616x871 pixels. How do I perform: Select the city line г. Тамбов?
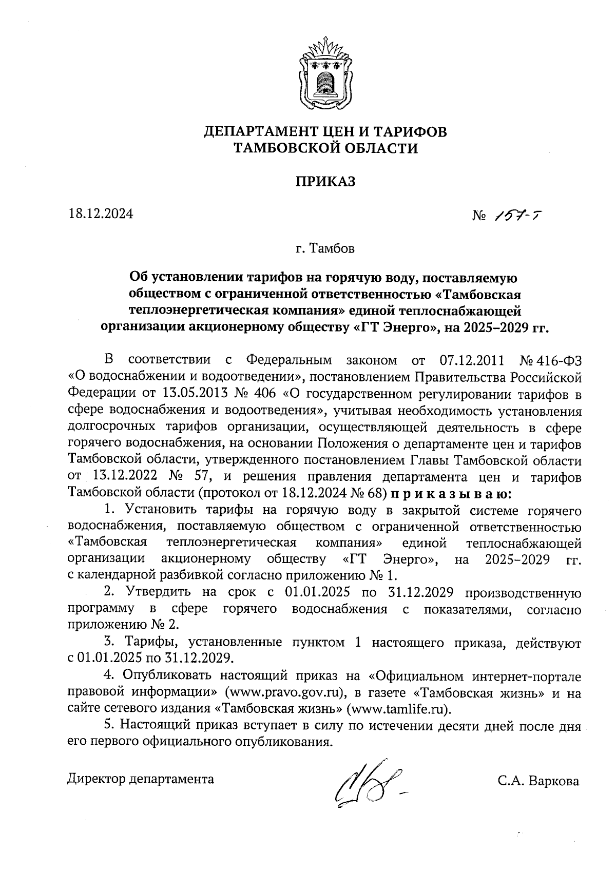325,249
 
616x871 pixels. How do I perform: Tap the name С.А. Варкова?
537,782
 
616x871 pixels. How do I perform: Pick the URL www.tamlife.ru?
399,710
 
